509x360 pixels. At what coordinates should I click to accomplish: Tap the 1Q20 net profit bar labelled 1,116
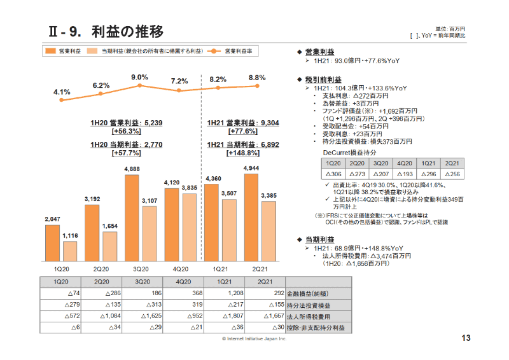click(70, 251)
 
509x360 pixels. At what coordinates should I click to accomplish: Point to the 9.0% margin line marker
click(140, 87)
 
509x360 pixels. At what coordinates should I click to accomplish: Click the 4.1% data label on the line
click(62, 92)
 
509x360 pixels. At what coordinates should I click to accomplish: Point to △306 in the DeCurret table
click(334, 174)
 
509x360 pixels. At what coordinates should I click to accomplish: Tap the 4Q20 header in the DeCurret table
click(403, 163)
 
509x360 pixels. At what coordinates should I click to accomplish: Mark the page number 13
click(465, 338)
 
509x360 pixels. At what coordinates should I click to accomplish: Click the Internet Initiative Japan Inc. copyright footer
click(254, 339)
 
